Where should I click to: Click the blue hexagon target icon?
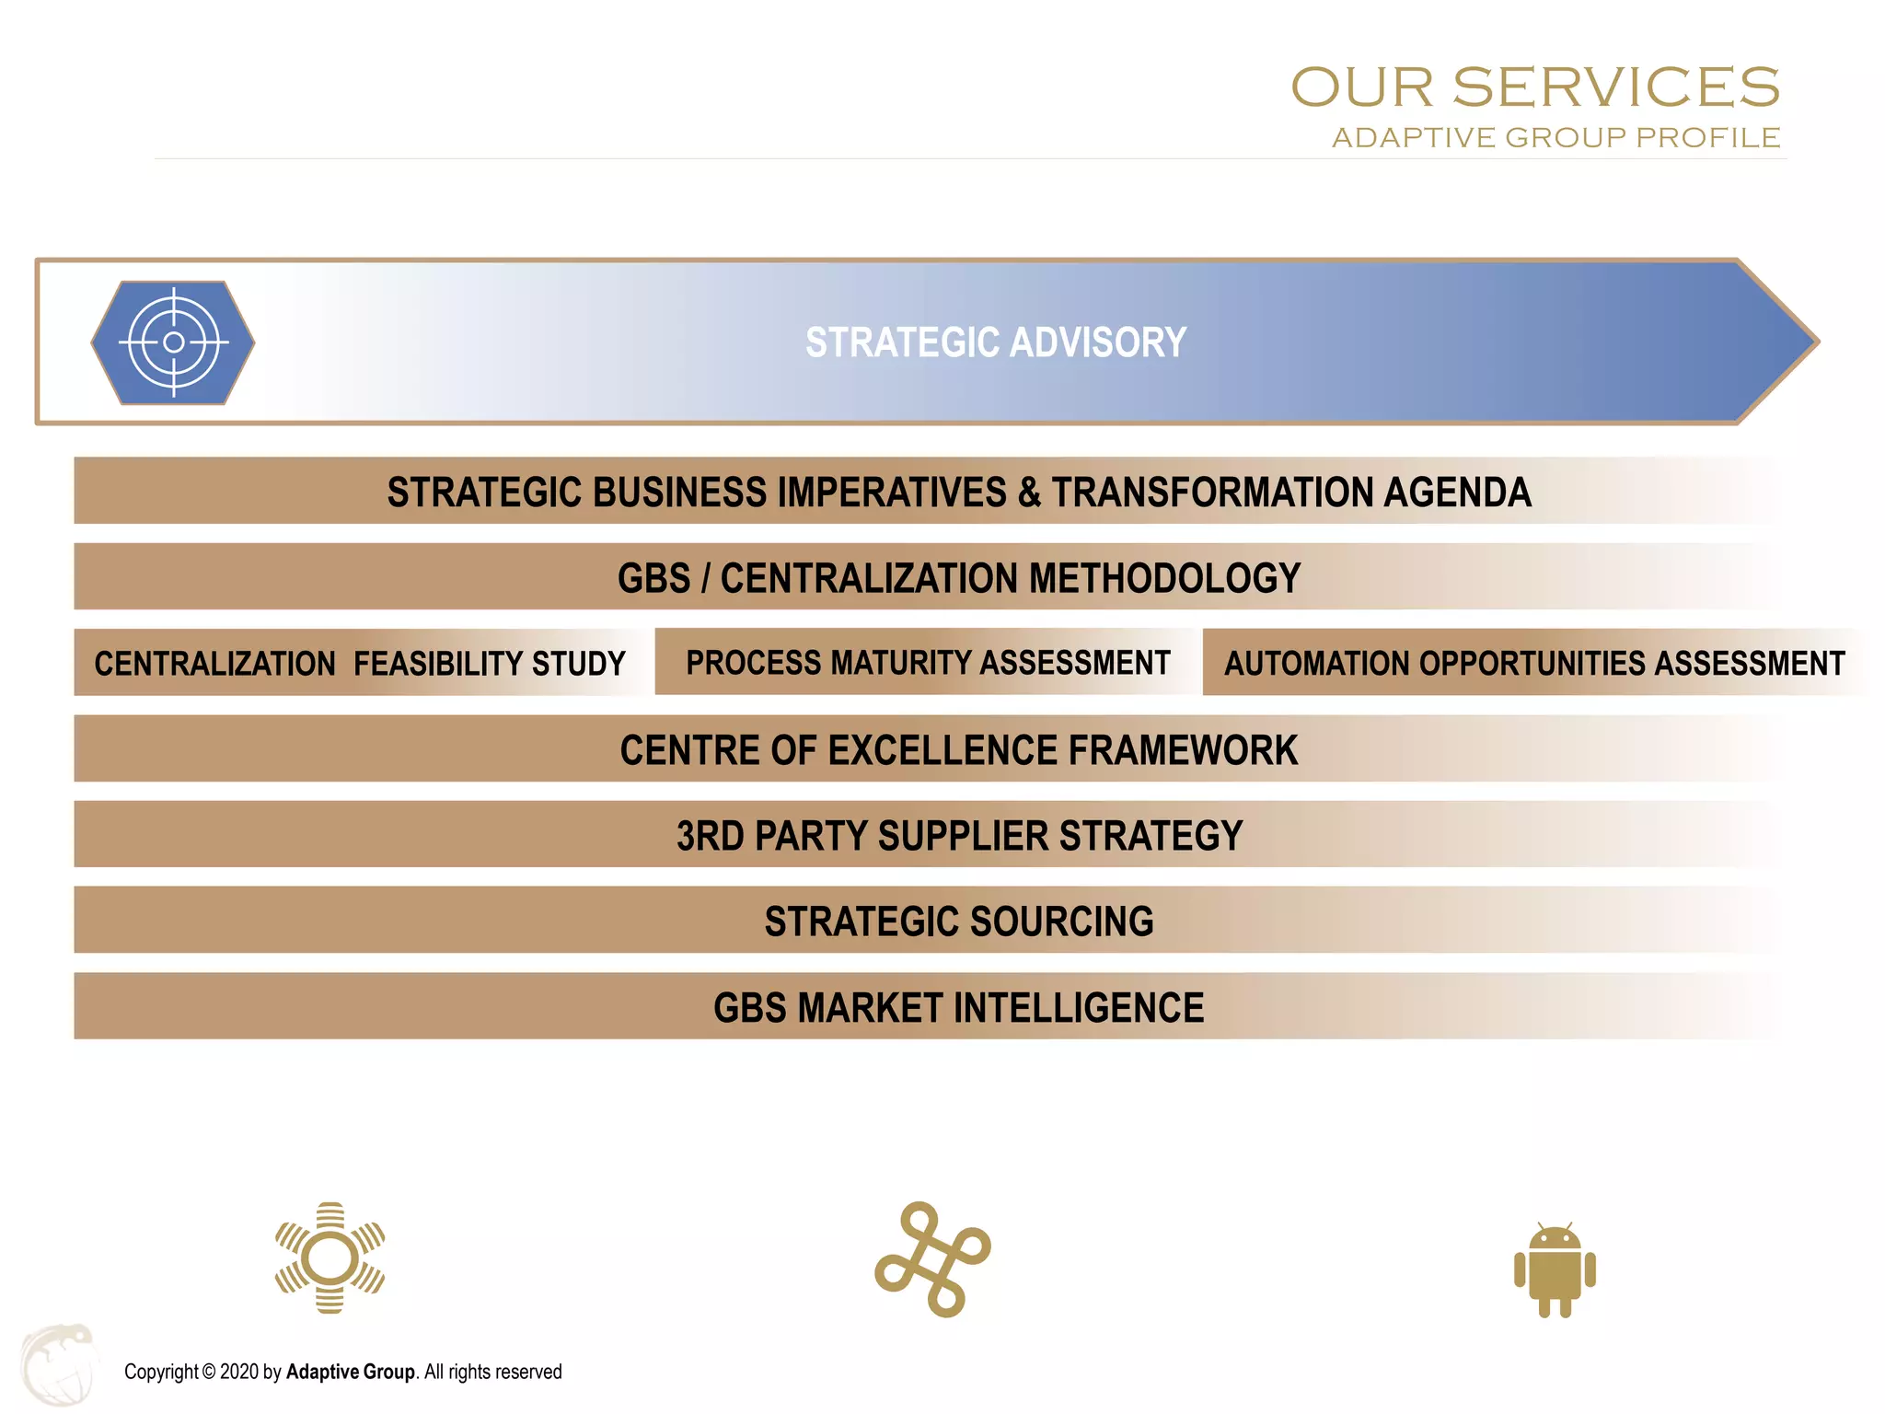[173, 342]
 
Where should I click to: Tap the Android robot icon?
[1555, 1270]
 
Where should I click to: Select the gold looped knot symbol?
[932, 1258]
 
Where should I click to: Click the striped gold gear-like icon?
[330, 1258]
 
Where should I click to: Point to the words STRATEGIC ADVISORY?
[996, 342]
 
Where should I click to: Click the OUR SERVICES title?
[1534, 87]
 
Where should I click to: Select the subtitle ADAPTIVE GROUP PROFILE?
[1555, 138]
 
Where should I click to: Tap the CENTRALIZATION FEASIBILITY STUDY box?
[360, 663]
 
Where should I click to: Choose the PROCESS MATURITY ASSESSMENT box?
[928, 662]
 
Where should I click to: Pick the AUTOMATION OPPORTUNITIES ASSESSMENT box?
[1534, 663]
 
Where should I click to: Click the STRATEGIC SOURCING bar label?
[959, 921]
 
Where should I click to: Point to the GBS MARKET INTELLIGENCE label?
[959, 1007]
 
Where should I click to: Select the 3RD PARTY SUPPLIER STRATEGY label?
[959, 836]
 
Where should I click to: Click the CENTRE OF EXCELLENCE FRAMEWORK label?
[959, 750]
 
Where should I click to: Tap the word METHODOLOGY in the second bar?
[1164, 578]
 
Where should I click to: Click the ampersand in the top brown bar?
[1029, 493]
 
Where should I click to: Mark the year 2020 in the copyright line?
[239, 1372]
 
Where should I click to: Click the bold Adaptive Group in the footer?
[351, 1372]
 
